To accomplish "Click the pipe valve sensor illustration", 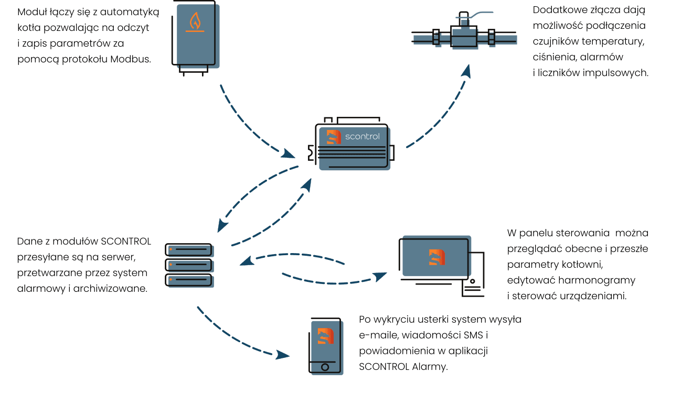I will click(462, 36).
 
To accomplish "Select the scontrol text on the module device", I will click(362, 137).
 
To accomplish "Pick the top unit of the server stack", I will click(189, 249).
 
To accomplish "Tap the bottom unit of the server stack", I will click(189, 280).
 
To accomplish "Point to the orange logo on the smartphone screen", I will click(326, 336).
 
